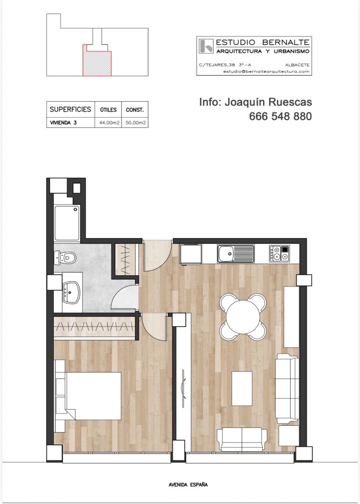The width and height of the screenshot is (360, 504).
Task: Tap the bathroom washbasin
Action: coord(71,293)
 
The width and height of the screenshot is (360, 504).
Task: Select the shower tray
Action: coord(67,223)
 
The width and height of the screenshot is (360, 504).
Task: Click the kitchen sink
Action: coord(235,254)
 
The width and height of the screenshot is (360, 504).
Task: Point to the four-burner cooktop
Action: coord(279,254)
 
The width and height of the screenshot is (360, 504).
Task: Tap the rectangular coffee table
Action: coord(242,388)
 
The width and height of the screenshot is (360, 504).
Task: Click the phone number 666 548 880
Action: coord(280,117)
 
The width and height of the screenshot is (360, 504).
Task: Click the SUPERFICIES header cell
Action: coord(70,110)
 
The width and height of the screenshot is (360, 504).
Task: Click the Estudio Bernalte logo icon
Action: coord(205,46)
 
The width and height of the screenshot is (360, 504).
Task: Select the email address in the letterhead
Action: coord(266,71)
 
